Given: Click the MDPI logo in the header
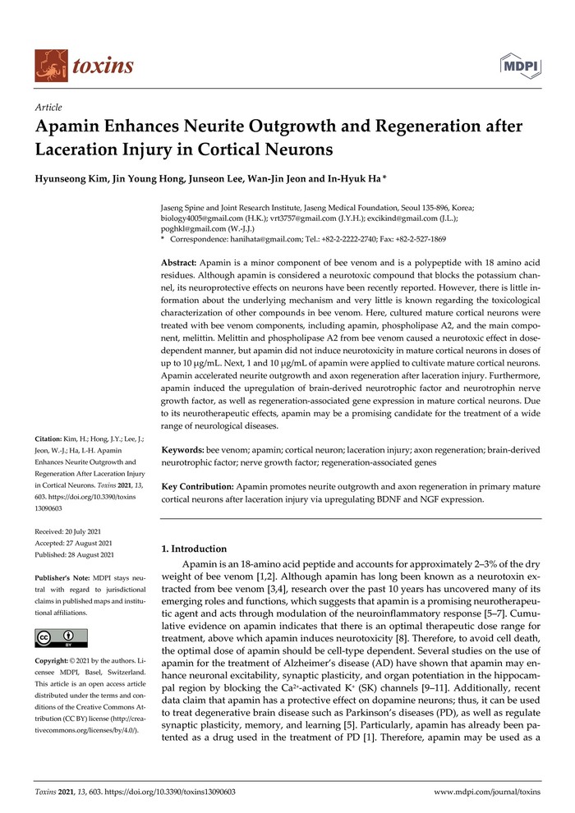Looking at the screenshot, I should pyautogui.click(x=521, y=66).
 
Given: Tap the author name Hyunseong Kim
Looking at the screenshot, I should pyautogui.click(x=71, y=180).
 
